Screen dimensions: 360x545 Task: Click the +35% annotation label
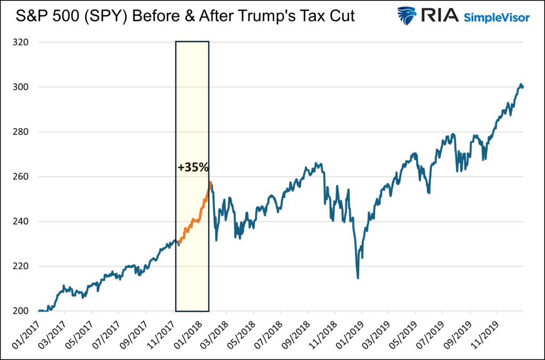point(193,168)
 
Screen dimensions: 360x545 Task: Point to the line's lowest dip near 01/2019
point(358,277)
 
